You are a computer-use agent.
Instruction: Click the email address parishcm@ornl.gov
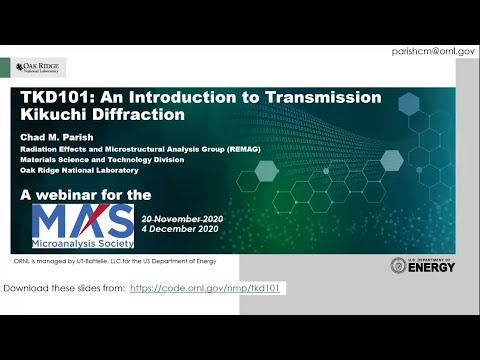(x=433, y=49)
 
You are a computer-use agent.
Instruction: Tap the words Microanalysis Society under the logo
(x=82, y=244)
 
